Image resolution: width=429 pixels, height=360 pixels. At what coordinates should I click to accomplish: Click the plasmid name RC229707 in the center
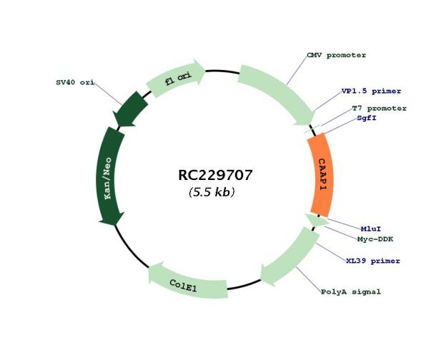tap(215, 175)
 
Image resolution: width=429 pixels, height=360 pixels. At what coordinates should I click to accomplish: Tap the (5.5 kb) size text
tap(212, 192)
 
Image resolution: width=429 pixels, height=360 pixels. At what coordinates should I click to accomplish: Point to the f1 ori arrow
tap(177, 78)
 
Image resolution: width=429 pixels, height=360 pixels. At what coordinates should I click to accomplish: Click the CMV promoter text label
tap(336, 55)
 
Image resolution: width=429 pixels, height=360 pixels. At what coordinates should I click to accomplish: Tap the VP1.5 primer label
tap(371, 91)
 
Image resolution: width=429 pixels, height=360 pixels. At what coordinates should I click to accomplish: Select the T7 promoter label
tap(379, 109)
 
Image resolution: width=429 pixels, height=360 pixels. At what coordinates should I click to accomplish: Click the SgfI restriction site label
tap(367, 118)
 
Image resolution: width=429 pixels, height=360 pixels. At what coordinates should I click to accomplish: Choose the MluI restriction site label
tap(370, 229)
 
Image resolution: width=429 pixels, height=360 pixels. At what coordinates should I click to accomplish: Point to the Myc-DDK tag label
tap(375, 239)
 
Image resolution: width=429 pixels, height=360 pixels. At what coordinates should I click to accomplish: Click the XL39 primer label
tap(373, 261)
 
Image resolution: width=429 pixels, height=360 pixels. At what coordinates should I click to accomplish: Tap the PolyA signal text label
tap(351, 292)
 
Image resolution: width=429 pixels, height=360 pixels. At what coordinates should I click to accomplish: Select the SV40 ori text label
tap(75, 82)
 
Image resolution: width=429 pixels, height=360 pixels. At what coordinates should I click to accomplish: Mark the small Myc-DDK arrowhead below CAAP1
tap(317, 220)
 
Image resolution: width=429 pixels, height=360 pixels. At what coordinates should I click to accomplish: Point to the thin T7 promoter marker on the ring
tap(312, 129)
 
